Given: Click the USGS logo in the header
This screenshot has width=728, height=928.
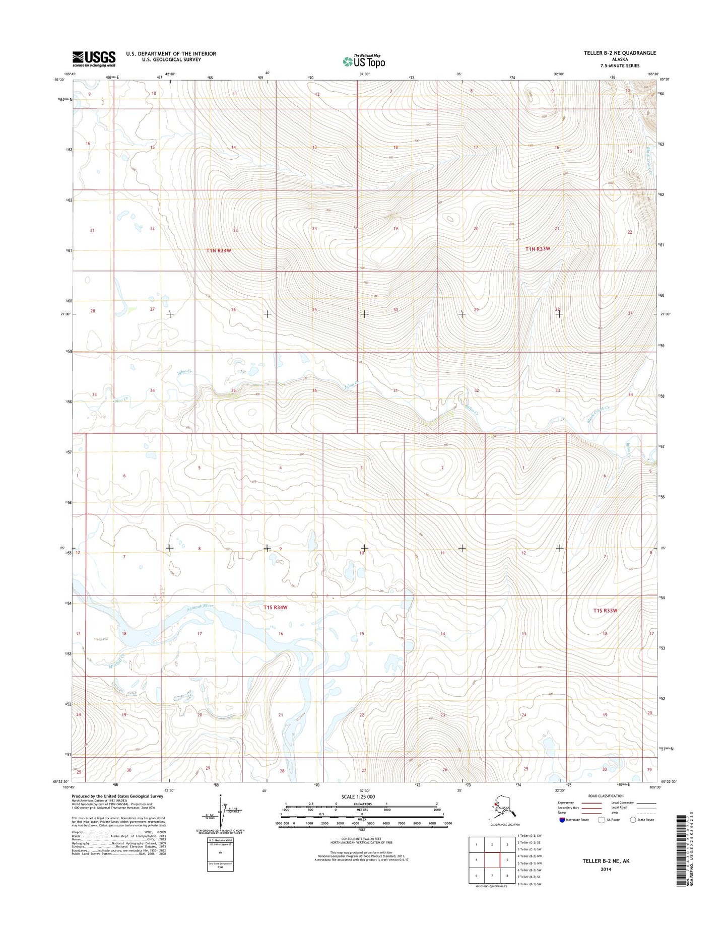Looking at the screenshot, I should point(94,58).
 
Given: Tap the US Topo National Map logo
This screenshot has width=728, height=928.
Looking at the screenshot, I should point(364,61).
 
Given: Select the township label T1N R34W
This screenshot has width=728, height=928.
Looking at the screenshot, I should point(218,250).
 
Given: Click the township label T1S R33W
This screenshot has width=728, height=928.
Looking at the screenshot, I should point(605,611).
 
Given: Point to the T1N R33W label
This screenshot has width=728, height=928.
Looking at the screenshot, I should point(538,249).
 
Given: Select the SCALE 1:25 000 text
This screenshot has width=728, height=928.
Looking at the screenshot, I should point(358,797).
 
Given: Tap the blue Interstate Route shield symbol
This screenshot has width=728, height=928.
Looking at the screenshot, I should point(562,820).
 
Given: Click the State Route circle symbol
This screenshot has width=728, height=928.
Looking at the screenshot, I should point(633,820).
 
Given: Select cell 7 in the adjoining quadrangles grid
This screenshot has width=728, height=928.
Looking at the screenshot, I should point(492,875).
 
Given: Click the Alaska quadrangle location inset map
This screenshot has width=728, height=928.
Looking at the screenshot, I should point(505,812).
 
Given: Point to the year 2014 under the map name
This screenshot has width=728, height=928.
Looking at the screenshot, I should point(606,869).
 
